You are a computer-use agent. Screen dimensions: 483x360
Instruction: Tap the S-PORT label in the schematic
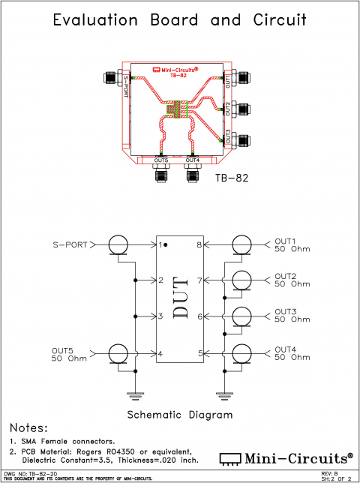pyautogui.click(x=70, y=244)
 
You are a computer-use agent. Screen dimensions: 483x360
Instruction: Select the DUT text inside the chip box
pyautogui.click(x=181, y=298)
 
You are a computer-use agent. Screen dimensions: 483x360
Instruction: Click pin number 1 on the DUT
pyautogui.click(x=160, y=244)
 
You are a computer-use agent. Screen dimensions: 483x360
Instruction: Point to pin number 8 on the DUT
pyautogui.click(x=200, y=244)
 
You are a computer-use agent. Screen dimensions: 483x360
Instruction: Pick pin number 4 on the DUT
pyautogui.click(x=160, y=353)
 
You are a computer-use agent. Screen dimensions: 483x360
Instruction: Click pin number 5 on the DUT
pyautogui.click(x=200, y=353)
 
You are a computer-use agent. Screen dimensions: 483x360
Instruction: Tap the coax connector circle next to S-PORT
pyautogui.click(x=118, y=244)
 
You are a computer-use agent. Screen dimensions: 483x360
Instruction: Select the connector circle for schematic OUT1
pyautogui.click(x=241, y=244)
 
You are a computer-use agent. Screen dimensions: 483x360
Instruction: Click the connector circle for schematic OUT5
pyautogui.click(x=118, y=353)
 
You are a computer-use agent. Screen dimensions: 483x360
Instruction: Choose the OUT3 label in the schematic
pyautogui.click(x=286, y=311)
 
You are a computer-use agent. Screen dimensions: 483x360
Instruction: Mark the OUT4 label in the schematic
pyautogui.click(x=286, y=349)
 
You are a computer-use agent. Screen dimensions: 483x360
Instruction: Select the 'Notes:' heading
pyautogui.click(x=28, y=427)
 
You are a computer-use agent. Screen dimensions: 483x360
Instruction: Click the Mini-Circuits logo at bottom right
pyautogui.click(x=286, y=457)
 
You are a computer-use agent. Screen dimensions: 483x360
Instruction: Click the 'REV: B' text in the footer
pyautogui.click(x=331, y=473)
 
